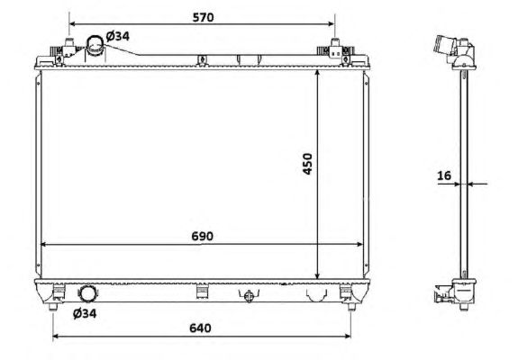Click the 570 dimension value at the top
point(204,17)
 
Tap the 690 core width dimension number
point(202,237)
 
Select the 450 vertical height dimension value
point(307,164)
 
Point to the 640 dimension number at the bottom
point(200,328)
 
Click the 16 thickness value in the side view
point(444,175)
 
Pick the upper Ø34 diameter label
point(118,36)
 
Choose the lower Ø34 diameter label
point(85,313)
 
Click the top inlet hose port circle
point(95,45)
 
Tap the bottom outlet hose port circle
point(87,293)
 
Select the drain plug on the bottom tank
point(249,295)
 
